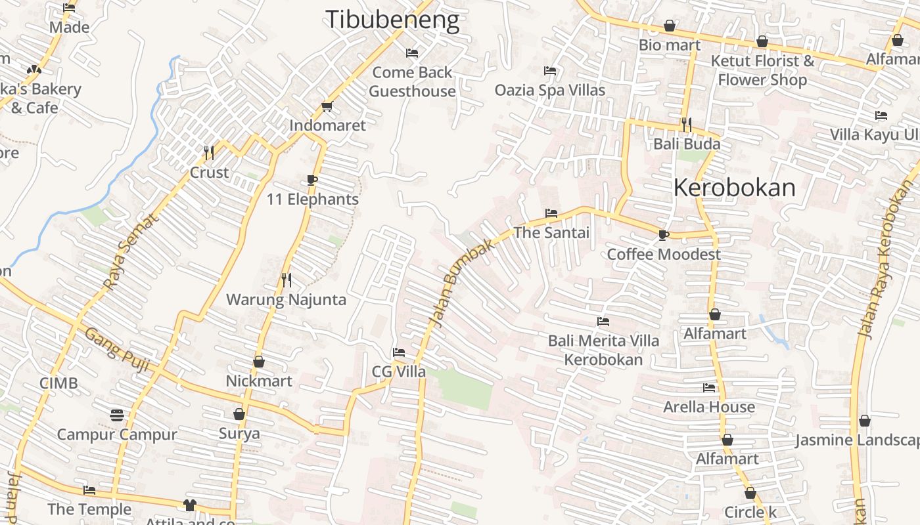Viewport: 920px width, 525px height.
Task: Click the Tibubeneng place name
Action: tap(392, 20)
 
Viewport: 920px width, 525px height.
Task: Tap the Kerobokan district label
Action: tap(734, 188)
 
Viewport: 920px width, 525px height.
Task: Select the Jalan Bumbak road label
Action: tap(460, 282)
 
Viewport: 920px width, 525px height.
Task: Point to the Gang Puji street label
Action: tap(116, 350)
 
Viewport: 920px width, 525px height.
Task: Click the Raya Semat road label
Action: tap(131, 253)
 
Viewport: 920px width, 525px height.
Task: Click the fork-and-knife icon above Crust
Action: tap(209, 153)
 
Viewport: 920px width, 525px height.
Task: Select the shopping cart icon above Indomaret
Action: tap(327, 106)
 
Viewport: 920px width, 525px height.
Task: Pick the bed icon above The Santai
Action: tap(551, 213)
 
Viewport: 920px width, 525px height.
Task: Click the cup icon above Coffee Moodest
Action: tap(664, 235)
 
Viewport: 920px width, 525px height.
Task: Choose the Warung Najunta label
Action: tap(286, 300)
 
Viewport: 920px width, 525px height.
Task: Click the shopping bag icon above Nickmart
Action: tap(259, 362)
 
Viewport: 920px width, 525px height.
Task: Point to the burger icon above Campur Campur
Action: tap(117, 415)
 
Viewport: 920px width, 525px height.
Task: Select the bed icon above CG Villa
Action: tap(399, 352)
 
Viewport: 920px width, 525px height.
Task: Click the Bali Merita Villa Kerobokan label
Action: tap(603, 350)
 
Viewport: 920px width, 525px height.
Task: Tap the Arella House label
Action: tap(708, 407)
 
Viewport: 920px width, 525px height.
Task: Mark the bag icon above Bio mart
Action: tap(670, 26)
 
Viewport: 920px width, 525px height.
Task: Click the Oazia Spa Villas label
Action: tap(550, 90)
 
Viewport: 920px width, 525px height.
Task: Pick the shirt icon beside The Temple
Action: tap(190, 505)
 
